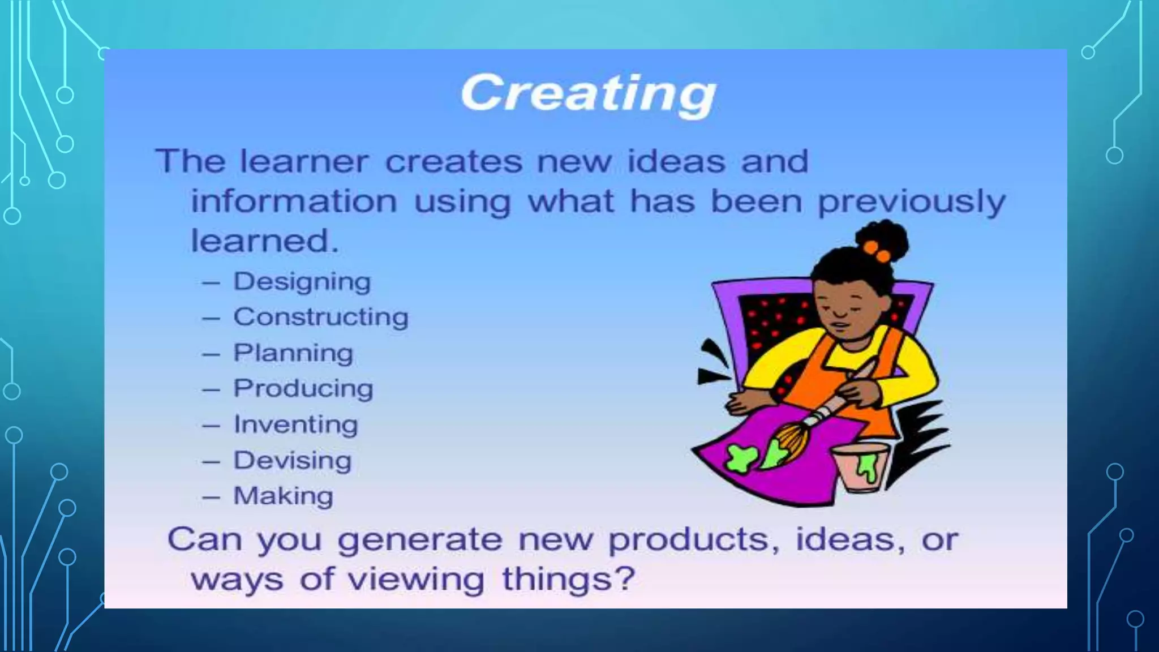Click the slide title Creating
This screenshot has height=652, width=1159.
tap(589, 93)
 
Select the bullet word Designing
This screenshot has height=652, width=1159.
tap(302, 281)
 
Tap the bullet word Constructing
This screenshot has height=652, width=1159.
tap(321, 317)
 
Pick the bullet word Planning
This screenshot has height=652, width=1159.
tap(293, 353)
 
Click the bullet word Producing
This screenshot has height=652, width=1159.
tap(303, 389)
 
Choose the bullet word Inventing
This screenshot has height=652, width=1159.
tap(296, 424)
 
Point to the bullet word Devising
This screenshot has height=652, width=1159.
tap(293, 460)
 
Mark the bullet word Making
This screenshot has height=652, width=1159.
tap(284, 496)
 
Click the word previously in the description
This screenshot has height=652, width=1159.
tap(912, 202)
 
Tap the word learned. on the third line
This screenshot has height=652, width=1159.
tap(264, 241)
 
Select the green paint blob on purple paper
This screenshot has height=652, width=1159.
tap(741, 458)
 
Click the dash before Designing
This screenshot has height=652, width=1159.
tap(211, 282)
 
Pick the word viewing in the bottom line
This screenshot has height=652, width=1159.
tap(415, 580)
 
